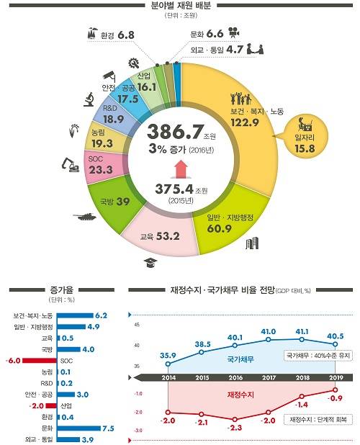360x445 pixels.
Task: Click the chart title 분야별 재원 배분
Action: click(x=180, y=6)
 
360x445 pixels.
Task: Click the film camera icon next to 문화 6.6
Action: click(x=234, y=32)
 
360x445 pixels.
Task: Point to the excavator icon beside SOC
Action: click(x=71, y=166)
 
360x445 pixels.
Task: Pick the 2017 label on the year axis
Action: click(x=269, y=377)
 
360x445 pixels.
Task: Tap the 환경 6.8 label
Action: click(x=120, y=34)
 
